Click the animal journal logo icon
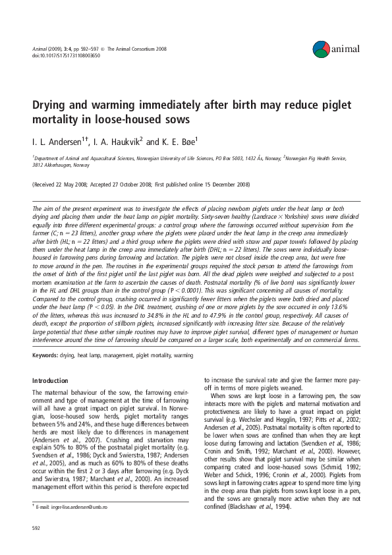tap(320, 48)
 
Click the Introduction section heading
tap(51, 380)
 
